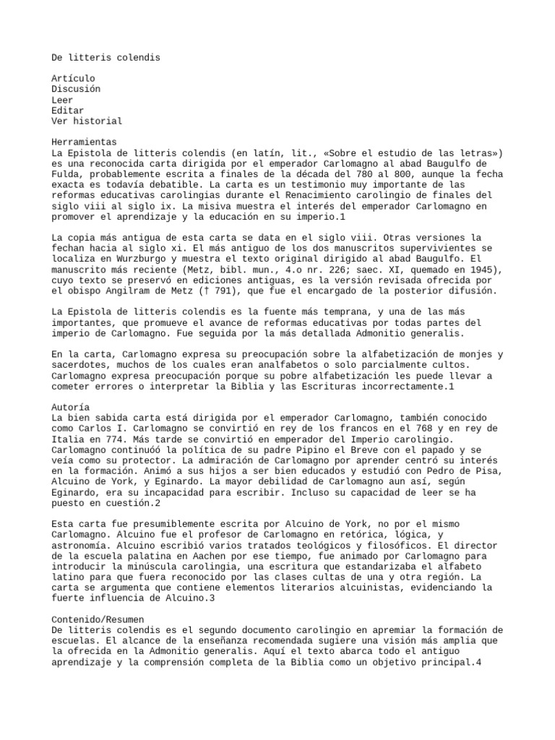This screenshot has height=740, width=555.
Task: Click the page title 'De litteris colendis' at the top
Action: pos(106,56)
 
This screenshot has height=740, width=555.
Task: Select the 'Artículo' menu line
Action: pos(73,78)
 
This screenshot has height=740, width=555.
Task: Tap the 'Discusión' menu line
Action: pos(76,89)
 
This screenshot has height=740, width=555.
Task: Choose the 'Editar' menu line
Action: pos(68,111)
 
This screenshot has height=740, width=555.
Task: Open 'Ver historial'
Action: pos(87,121)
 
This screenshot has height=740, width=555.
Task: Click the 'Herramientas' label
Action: pos(84,142)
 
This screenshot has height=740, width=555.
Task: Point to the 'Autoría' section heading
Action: pos(71,407)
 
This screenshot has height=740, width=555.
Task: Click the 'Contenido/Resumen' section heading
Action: pos(98,599)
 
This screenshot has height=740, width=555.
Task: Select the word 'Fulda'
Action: pos(65,175)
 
